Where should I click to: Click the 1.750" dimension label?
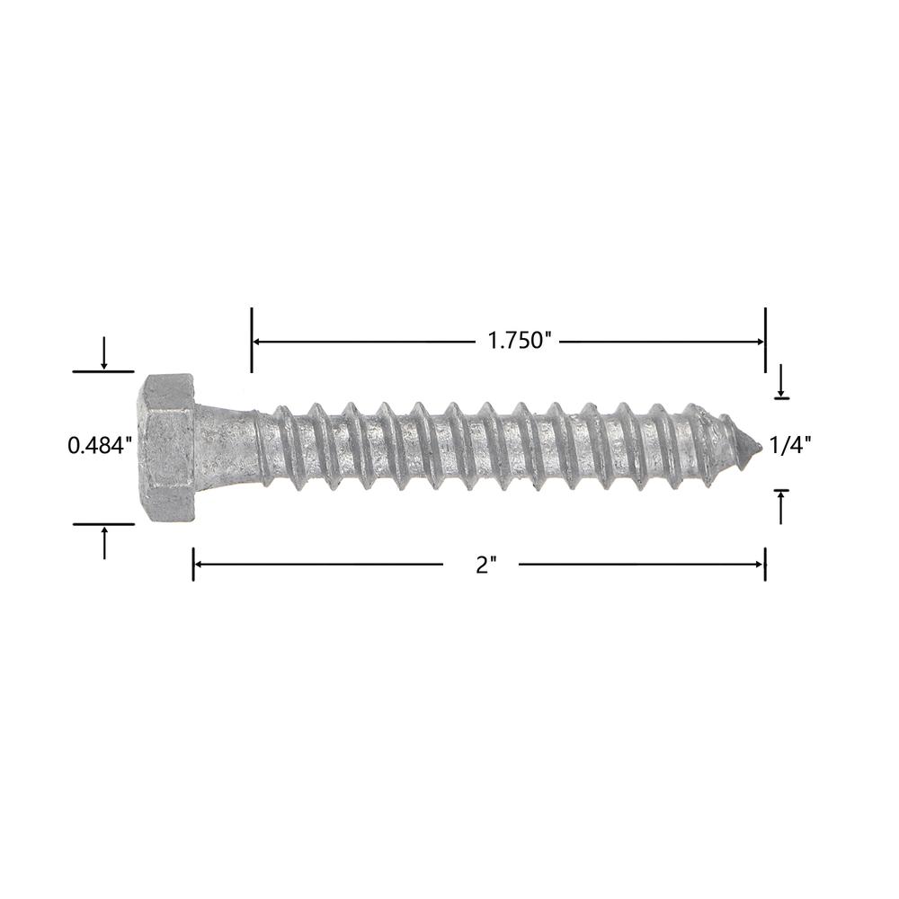click(x=519, y=341)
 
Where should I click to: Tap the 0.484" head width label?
click(x=101, y=445)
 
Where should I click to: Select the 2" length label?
click(x=485, y=565)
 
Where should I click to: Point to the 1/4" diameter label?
click(x=790, y=445)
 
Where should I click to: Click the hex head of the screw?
click(x=170, y=448)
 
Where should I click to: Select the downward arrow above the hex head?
click(x=103, y=352)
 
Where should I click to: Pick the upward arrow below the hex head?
click(x=103, y=543)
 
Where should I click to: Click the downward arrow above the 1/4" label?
click(x=780, y=379)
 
